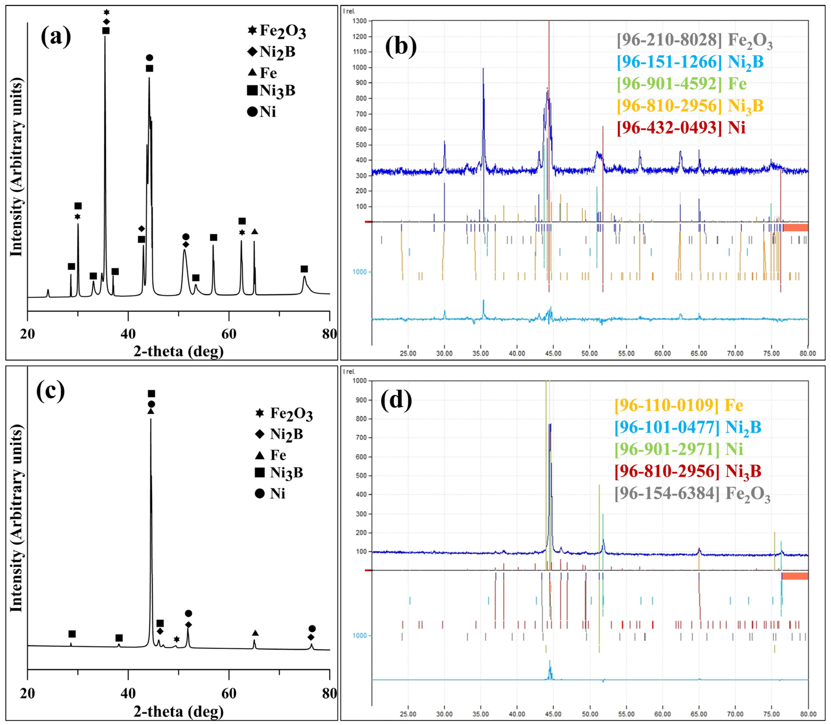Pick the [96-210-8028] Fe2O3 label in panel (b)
[695, 40]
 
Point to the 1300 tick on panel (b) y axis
[359, 21]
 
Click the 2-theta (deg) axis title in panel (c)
[178, 711]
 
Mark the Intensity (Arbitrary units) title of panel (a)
[16, 167]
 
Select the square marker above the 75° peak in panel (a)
[304, 269]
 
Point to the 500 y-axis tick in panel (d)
[361, 475]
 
